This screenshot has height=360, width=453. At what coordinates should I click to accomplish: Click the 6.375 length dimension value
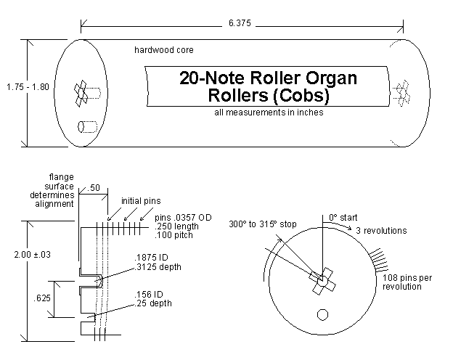(x=240, y=23)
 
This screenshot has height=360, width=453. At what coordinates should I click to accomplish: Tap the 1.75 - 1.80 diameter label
(x=28, y=87)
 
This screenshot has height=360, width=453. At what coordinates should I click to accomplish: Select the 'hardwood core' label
(x=164, y=50)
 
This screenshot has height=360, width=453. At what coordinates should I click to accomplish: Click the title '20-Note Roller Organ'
(x=268, y=78)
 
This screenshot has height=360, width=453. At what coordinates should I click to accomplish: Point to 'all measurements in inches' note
(x=269, y=112)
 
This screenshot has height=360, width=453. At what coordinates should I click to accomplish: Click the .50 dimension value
(x=94, y=188)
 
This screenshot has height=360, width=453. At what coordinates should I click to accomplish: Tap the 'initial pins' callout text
(x=141, y=201)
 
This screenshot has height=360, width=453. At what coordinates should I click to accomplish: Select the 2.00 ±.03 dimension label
(x=33, y=255)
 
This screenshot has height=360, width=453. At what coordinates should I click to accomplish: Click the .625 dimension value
(x=42, y=298)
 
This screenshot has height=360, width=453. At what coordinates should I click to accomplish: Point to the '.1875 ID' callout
(x=151, y=258)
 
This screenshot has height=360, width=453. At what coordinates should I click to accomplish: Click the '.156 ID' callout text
(x=149, y=295)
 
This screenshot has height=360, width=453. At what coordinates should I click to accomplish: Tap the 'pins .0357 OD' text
(x=183, y=218)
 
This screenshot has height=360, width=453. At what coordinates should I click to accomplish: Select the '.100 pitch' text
(x=174, y=235)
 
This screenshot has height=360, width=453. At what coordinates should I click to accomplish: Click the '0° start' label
(x=343, y=218)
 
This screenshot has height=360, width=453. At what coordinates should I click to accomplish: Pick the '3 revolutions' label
(x=381, y=231)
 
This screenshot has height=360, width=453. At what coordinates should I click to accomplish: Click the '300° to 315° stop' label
(x=263, y=224)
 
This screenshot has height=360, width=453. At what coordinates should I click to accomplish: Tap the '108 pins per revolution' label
(x=407, y=282)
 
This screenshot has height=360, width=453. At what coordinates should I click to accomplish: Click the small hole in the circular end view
(x=323, y=315)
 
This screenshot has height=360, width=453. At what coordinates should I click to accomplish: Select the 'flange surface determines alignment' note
(x=52, y=190)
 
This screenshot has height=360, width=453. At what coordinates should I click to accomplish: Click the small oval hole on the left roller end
(x=81, y=127)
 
